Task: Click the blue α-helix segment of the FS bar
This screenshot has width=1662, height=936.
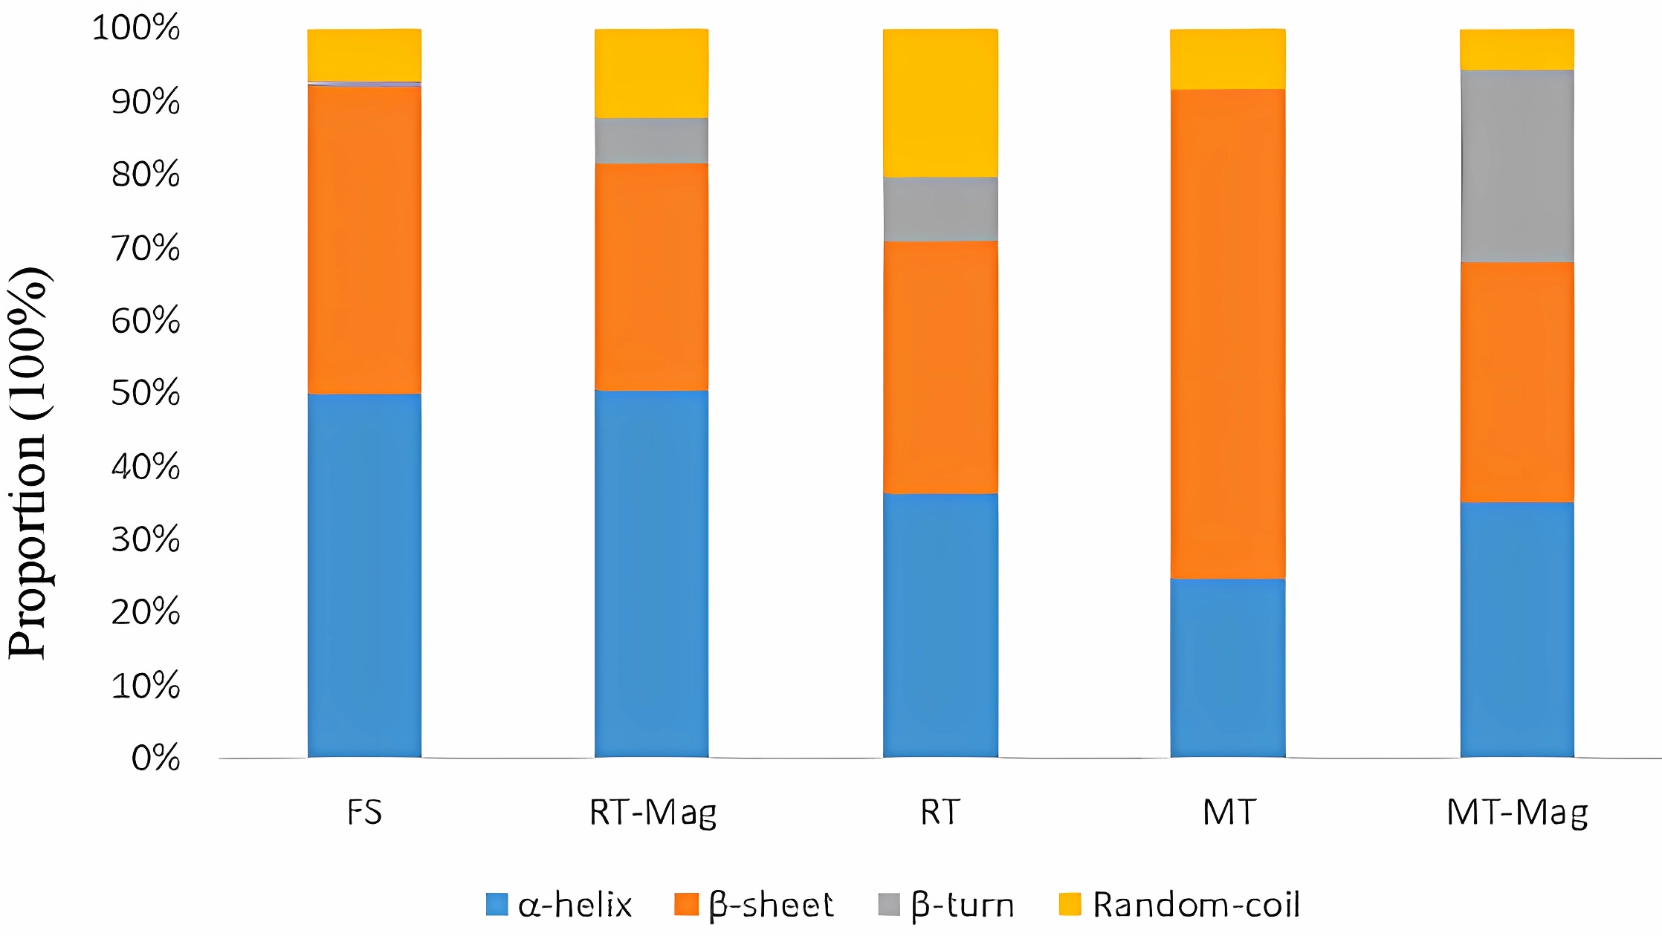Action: [x=364, y=576]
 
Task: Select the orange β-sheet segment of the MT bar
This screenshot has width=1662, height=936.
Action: [x=1228, y=334]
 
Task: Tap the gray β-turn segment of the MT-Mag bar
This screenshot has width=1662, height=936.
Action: [x=1517, y=166]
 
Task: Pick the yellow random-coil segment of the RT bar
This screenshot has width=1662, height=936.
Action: [x=940, y=103]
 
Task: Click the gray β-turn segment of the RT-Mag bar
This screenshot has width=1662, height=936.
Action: [x=651, y=140]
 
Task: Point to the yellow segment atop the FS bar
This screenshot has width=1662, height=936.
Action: [x=364, y=55]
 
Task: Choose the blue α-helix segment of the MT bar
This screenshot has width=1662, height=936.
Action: [x=1228, y=668]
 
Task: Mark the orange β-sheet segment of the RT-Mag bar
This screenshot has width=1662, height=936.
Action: [x=651, y=276]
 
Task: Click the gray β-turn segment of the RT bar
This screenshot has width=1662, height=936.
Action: [x=940, y=209]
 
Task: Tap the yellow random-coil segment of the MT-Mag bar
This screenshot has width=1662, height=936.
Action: [x=1517, y=49]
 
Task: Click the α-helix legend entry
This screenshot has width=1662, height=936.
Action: [x=559, y=905]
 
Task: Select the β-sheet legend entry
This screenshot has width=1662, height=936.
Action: [x=754, y=905]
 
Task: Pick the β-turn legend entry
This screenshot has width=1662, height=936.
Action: [x=946, y=905]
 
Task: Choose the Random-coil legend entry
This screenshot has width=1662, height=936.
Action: [x=1180, y=905]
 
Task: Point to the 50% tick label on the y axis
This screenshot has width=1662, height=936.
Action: [x=146, y=393]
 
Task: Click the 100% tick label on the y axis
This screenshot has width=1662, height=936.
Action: [x=136, y=27]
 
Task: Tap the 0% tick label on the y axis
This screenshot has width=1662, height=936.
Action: [x=155, y=758]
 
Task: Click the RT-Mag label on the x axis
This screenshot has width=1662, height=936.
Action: [x=653, y=813]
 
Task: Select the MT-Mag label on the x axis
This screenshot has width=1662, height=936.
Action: [x=1517, y=813]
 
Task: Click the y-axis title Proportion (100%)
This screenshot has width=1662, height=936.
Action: [x=28, y=462]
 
